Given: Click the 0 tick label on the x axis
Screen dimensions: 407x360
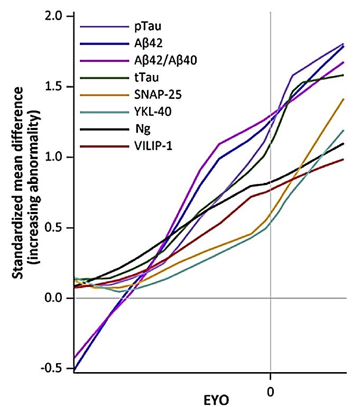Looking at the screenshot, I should click(270, 378).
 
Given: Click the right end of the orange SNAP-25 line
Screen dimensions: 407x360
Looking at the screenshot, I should click(344, 99).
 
